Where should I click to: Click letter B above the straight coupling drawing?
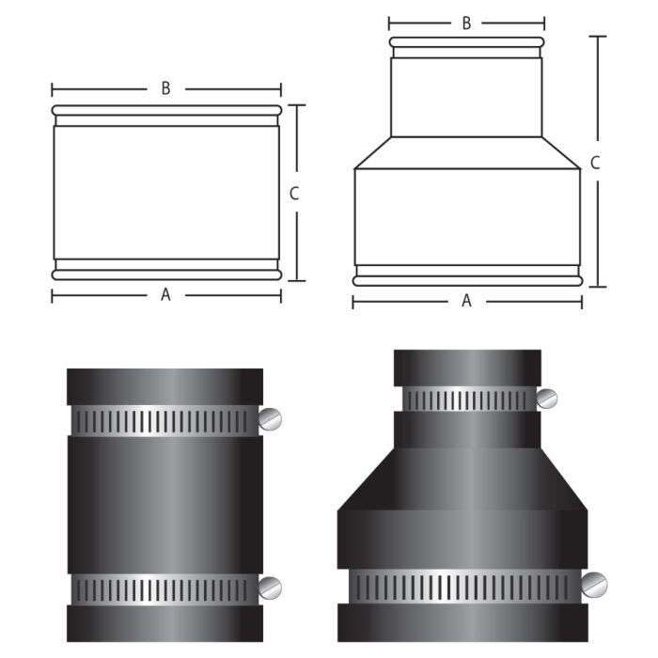click(165, 88)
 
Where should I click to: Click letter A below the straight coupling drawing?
click(165, 294)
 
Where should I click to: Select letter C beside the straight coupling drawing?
click(294, 194)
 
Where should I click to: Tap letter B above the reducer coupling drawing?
click(466, 23)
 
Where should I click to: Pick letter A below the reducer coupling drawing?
click(466, 301)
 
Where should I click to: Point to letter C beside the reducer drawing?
click(594, 162)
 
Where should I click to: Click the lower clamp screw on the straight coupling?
click(271, 588)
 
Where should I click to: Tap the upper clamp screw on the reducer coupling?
click(547, 399)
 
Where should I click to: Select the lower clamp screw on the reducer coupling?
click(593, 585)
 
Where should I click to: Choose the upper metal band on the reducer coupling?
click(467, 399)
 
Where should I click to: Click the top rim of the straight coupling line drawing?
click(166, 110)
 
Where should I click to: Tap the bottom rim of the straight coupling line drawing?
click(166, 274)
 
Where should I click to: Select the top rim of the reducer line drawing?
click(466, 42)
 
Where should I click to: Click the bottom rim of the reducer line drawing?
click(466, 280)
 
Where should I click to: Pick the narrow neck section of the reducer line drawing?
click(466, 94)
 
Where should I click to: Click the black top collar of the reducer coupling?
click(467, 368)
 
